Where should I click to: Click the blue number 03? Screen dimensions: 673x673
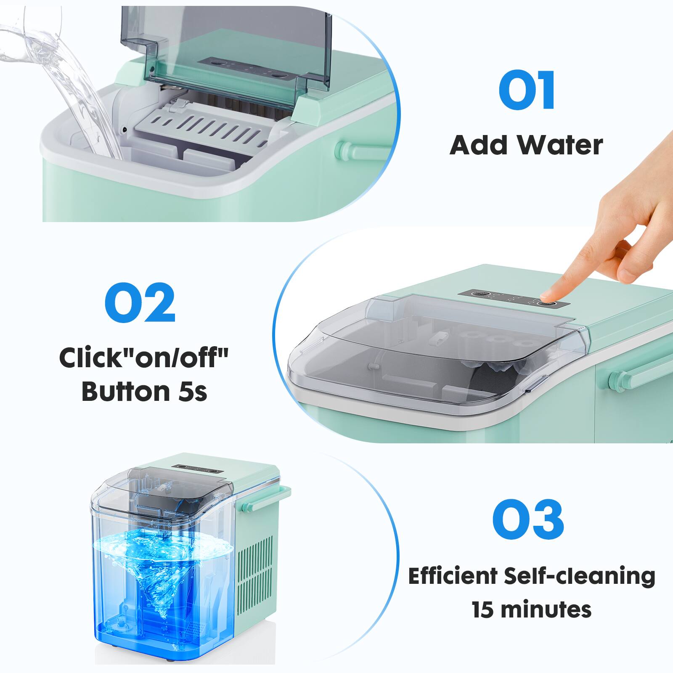click(x=528, y=519)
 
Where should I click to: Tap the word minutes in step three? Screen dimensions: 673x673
click(x=547, y=609)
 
